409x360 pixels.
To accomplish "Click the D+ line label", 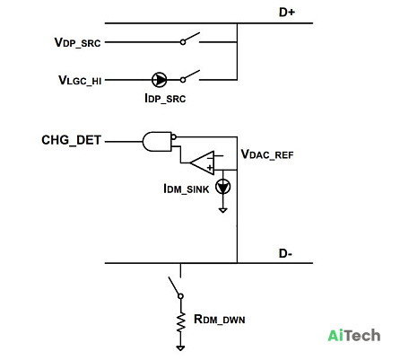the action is tap(287, 12).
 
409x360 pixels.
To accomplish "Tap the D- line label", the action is tap(285, 253).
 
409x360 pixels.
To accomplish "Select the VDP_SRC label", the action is tap(77, 42).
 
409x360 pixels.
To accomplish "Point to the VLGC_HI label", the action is tap(80, 80).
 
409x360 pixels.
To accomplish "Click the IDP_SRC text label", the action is tap(165, 98).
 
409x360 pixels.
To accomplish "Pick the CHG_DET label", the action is tap(71, 140).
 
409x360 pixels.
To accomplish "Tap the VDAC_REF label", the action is tap(267, 154).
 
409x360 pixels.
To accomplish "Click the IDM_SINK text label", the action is tap(187, 189).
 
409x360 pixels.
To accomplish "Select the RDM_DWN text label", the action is tap(220, 320).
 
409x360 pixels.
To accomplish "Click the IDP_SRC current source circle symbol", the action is tap(160, 80).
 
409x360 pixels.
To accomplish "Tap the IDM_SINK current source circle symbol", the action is tap(223, 187).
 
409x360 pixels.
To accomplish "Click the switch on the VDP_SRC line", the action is tap(190, 39).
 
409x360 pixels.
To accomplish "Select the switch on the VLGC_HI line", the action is tap(190, 76).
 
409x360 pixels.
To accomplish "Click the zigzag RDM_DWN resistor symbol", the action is tap(180, 322).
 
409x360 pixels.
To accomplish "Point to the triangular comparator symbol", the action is tap(203, 163).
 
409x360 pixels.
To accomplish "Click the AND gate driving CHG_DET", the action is tap(158, 142).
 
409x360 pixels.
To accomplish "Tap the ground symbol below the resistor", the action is tap(180, 347).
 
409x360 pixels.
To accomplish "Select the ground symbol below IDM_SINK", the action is tap(222, 210).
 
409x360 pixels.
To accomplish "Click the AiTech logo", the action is tap(354, 336).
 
